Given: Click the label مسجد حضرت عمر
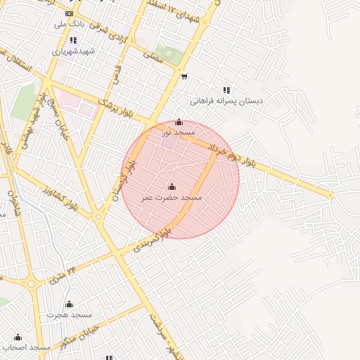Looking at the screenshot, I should click(172, 198).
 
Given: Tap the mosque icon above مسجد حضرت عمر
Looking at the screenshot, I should click(172, 186).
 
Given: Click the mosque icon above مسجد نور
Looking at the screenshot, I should click(179, 122).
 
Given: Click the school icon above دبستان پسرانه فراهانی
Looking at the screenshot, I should click(226, 90).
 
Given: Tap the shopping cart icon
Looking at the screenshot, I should click(184, 77).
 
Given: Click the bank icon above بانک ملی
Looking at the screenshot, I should click(69, 13).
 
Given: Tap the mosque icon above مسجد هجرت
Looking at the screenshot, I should click(69, 304).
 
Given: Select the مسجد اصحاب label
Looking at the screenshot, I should click(26, 347).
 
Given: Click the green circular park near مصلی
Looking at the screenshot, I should click(167, 53).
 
